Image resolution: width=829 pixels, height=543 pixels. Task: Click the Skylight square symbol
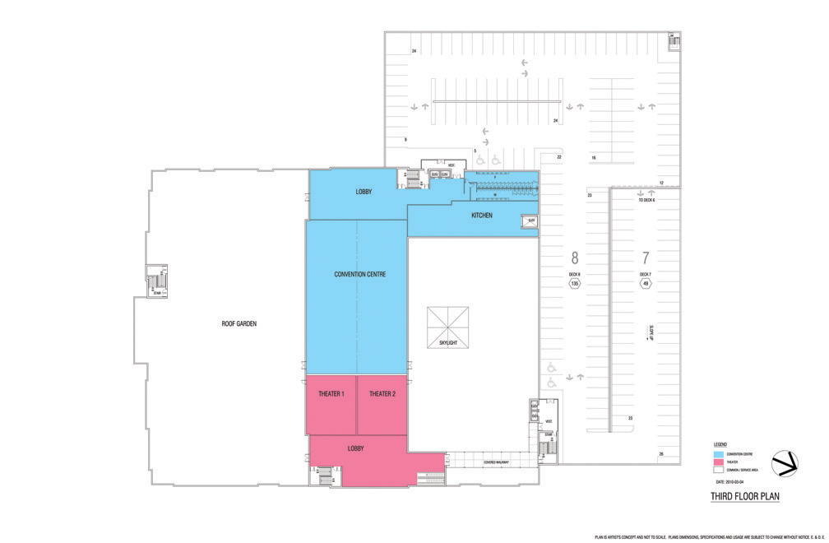coord(448,327)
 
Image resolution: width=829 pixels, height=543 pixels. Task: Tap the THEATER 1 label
coord(331,394)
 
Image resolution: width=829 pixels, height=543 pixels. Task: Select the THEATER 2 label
coord(382,394)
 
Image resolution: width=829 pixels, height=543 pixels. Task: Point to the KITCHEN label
coord(482,216)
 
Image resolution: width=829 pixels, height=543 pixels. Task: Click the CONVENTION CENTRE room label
coord(360,274)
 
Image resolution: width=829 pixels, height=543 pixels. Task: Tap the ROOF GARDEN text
coord(239,323)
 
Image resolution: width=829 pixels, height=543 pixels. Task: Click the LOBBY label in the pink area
coord(355,448)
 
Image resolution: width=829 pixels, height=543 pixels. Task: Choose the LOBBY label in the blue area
coord(364,192)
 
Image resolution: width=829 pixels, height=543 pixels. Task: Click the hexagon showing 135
coord(575,285)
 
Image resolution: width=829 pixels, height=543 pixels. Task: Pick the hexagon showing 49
coord(645,285)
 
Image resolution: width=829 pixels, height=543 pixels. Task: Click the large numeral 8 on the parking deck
coord(575,258)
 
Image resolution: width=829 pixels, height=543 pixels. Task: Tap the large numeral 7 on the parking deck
coord(646,258)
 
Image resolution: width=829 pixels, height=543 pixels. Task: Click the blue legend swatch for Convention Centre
coord(718,453)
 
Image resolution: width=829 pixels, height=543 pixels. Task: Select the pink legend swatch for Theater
coord(718,462)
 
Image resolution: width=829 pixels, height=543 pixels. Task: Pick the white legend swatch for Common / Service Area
coord(718,470)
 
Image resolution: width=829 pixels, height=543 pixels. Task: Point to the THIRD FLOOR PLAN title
coord(744,496)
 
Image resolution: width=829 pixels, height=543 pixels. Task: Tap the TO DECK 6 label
coord(647,201)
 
